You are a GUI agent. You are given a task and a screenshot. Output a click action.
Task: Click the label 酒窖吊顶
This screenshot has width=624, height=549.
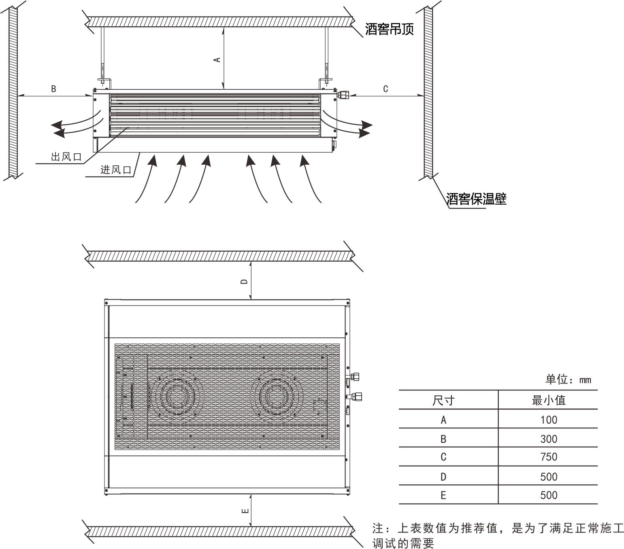(389, 29)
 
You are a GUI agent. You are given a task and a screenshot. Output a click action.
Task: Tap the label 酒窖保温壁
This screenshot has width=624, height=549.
(476, 199)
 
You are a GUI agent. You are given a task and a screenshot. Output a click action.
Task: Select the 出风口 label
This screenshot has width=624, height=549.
(66, 157)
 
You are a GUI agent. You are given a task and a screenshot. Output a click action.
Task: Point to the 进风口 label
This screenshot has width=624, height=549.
(116, 170)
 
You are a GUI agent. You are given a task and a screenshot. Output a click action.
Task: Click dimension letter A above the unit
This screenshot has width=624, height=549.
(217, 59)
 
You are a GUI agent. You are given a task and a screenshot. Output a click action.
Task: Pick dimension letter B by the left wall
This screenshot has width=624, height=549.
(53, 89)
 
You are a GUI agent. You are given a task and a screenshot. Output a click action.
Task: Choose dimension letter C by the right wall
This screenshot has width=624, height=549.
(385, 89)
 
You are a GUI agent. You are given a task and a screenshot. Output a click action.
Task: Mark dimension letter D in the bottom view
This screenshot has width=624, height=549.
(244, 281)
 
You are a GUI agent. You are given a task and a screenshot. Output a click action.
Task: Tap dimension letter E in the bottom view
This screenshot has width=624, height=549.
(245, 511)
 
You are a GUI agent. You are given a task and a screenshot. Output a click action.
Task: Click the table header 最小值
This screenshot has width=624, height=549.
(549, 400)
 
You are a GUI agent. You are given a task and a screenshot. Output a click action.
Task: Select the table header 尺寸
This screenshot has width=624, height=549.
(443, 401)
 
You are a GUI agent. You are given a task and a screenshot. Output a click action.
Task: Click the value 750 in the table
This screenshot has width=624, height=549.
(549, 457)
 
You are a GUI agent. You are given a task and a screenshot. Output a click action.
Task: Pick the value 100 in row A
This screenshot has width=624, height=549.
(549, 420)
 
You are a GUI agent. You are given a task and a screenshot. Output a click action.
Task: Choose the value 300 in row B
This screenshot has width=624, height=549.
(549, 439)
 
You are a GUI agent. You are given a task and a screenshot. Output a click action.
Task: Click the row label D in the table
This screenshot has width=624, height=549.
(443, 477)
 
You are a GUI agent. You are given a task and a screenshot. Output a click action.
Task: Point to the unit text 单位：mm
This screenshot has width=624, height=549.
(568, 379)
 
